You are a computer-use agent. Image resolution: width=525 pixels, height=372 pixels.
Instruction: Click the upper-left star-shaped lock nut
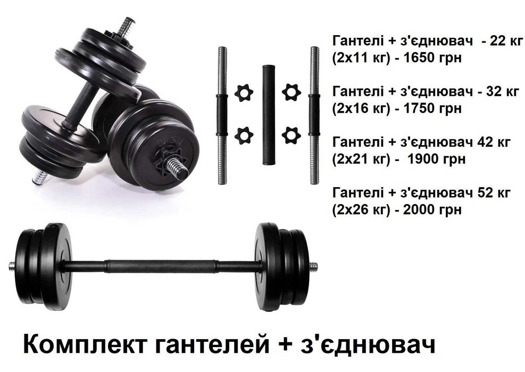(243, 92)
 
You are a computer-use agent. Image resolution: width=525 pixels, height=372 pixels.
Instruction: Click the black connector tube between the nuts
(266, 114)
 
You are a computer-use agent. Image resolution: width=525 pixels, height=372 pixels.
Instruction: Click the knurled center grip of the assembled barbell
(160, 266)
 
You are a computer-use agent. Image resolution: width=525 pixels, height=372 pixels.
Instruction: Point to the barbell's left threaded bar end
(13, 266)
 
